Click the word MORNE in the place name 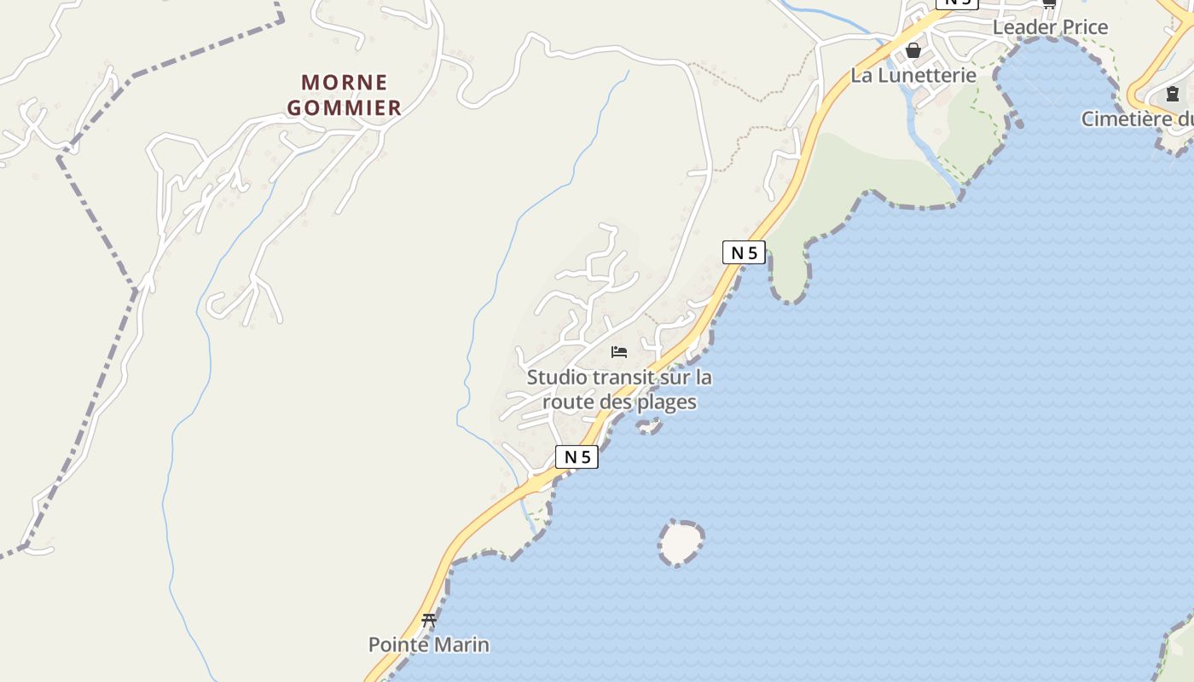pos(345,83)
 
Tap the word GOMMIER pos(345,107)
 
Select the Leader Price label pos(1050,27)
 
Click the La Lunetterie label pos(913,75)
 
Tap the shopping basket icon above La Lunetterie pos(913,50)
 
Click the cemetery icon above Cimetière pos(1172,94)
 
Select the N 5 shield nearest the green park pos(744,252)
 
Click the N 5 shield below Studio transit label pos(577,457)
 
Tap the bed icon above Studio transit pos(619,351)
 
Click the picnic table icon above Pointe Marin pos(429,621)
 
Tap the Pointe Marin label pos(429,644)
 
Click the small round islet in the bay pos(681,542)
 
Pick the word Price pos(1081,27)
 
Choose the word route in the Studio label pos(568,402)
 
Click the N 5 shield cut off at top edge pos(956,3)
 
